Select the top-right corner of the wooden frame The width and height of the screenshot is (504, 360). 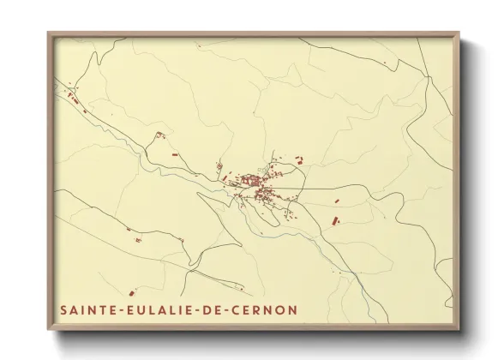pyautogui.click(x=461, y=33)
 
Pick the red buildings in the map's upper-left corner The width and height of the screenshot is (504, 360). pyautogui.click(x=72, y=99)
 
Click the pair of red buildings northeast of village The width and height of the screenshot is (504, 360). pyautogui.click(x=300, y=159)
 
